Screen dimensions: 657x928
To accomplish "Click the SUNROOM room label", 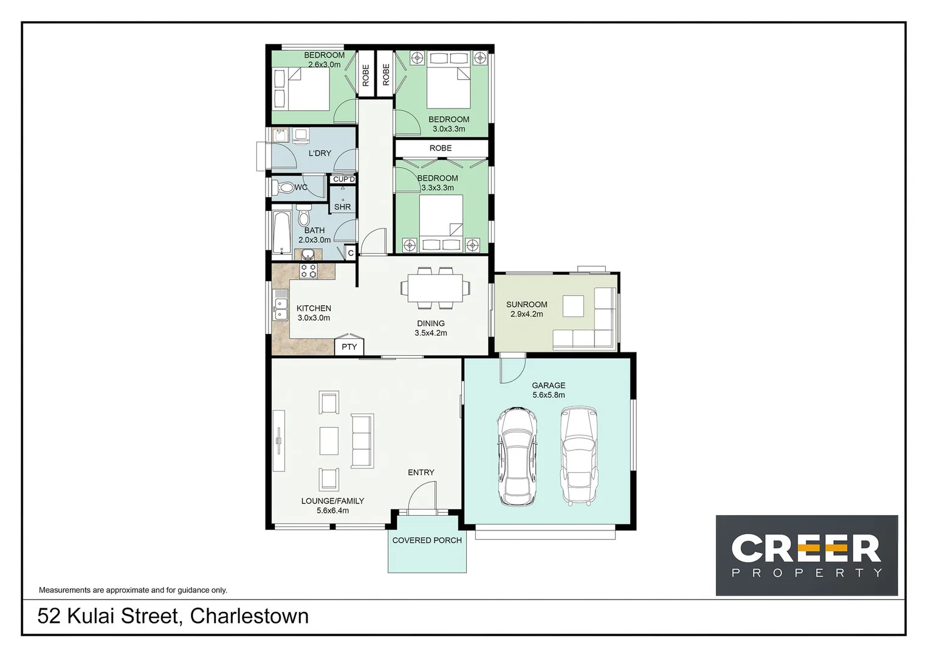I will pyautogui.click(x=526, y=305).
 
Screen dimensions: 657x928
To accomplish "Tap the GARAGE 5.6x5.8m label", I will pyautogui.click(x=548, y=390).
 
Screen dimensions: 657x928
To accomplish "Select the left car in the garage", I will pyautogui.click(x=517, y=457).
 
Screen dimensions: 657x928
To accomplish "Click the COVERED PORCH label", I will pyautogui.click(x=427, y=540).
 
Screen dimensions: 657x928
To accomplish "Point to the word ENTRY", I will pyautogui.click(x=421, y=472).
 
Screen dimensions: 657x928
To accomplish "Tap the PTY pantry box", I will pyautogui.click(x=349, y=347).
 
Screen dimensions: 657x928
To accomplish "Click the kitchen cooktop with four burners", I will pyautogui.click(x=309, y=271).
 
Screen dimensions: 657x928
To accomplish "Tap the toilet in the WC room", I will pyautogui.click(x=284, y=187).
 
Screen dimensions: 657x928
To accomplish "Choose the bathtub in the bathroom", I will pyautogui.click(x=281, y=232).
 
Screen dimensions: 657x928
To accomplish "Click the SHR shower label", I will pyautogui.click(x=342, y=207).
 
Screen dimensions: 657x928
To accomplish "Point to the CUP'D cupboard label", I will pyautogui.click(x=343, y=179).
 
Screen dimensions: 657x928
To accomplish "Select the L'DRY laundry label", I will pyautogui.click(x=320, y=153).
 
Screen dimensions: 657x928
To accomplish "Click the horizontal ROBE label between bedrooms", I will pyautogui.click(x=441, y=148).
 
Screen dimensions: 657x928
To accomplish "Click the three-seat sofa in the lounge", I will pyautogui.click(x=362, y=441).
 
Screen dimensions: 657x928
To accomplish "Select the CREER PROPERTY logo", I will pyautogui.click(x=806, y=555).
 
